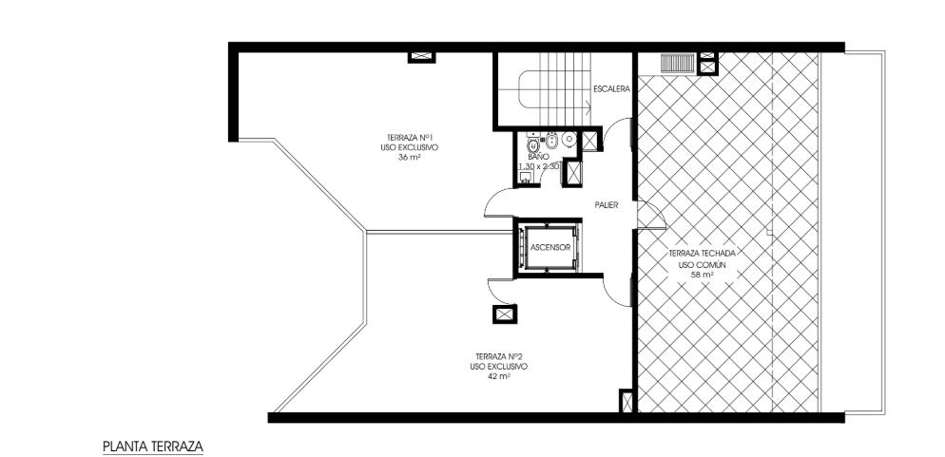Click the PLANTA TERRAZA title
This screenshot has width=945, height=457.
[153, 447]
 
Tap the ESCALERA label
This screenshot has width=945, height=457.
[611, 89]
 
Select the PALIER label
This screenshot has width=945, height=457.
[607, 205]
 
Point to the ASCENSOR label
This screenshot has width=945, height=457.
[550, 247]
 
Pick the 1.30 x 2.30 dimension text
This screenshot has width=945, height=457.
[539, 165]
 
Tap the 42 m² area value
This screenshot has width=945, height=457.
[499, 376]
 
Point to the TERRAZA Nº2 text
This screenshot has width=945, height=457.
[499, 356]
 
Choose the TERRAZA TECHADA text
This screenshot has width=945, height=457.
[703, 254]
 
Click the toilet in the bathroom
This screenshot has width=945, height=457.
[533, 144]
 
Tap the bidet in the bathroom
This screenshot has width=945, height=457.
[550, 142]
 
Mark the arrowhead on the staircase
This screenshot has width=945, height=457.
[587, 108]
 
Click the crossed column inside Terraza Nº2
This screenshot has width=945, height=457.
[505, 314]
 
